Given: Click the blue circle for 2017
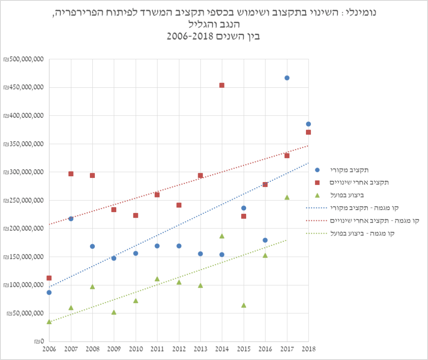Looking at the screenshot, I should [x=287, y=78].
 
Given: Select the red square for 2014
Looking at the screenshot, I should [x=222, y=85].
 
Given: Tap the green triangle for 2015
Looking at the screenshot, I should [x=244, y=305].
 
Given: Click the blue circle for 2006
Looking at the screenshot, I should [x=49, y=292].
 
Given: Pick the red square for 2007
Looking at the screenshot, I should [x=71, y=174].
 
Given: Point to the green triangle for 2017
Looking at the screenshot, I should [x=287, y=197].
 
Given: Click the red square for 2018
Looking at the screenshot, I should [x=308, y=132].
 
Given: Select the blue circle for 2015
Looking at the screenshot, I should [x=244, y=208].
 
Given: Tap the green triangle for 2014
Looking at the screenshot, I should [x=222, y=236].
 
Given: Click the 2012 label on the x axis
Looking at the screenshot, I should [x=179, y=349].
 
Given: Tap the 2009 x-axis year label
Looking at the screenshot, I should [x=114, y=349].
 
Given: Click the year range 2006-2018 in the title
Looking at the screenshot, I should [x=190, y=36].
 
